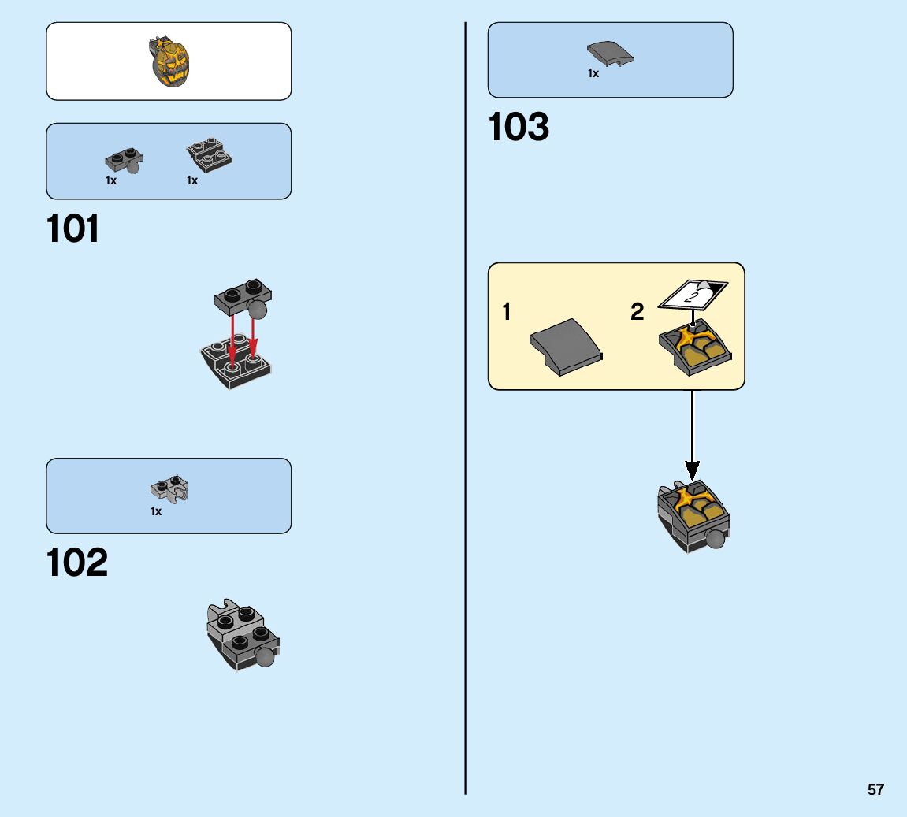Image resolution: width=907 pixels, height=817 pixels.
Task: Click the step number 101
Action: pyautogui.click(x=73, y=229)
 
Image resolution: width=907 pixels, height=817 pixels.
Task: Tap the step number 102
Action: pyautogui.click(x=77, y=563)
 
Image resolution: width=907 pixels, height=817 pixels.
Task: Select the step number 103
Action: pyautogui.click(x=519, y=128)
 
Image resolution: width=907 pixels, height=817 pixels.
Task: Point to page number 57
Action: pyautogui.click(x=875, y=789)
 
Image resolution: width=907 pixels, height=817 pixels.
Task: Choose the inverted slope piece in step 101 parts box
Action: pyautogui.click(x=209, y=154)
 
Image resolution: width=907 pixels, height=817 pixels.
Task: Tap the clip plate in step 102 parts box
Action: pyautogui.click(x=169, y=491)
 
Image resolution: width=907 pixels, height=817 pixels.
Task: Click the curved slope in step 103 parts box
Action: pyautogui.click(x=610, y=54)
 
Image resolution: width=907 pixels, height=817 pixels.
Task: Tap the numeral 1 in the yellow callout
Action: pyautogui.click(x=507, y=313)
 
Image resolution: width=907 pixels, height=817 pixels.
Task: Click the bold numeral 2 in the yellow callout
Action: pyautogui.click(x=638, y=313)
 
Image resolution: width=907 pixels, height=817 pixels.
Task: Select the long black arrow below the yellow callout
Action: pyautogui.click(x=692, y=433)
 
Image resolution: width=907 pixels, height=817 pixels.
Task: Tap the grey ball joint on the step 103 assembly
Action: pyautogui.click(x=716, y=540)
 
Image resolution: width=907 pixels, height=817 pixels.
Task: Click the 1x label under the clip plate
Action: pyautogui.click(x=156, y=512)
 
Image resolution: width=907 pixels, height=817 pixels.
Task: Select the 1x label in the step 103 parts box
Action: pyautogui.click(x=593, y=73)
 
